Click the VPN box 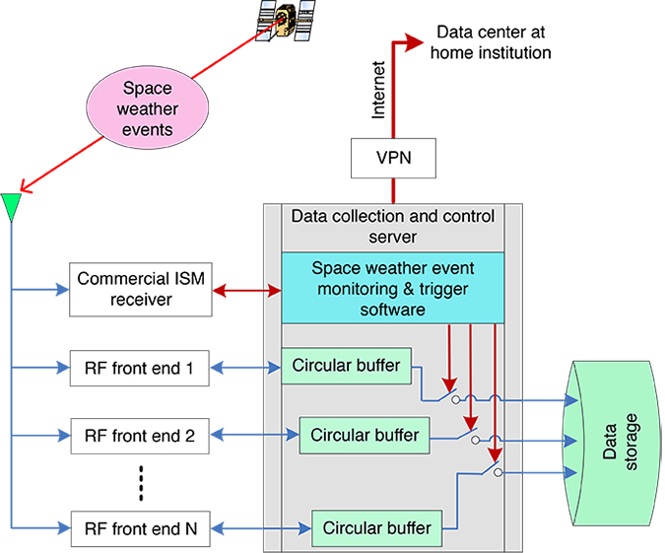pos(393,159)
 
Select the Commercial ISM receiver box pos(140,289)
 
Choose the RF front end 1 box pos(140,371)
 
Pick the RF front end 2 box pos(140,436)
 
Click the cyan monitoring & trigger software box pos(393,288)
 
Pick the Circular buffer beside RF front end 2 pos(365,434)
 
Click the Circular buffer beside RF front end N pos(378,528)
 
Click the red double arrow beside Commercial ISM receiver pos(246,290)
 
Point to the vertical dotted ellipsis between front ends pos(140,482)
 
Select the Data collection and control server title pos(393,226)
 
